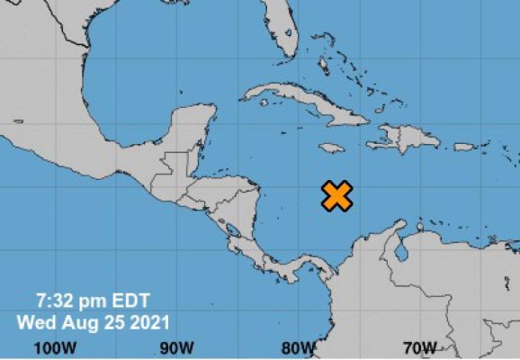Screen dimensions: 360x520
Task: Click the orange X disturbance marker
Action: [x=336, y=195]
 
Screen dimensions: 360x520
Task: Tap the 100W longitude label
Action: [x=53, y=347]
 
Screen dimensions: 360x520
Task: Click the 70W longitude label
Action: [x=419, y=347]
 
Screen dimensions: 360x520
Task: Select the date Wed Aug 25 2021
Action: [x=92, y=320]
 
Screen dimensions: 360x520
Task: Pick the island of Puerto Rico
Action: [x=463, y=147]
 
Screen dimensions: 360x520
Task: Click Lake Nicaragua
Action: [x=232, y=230]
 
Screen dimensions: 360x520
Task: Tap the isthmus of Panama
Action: [x=297, y=265]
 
